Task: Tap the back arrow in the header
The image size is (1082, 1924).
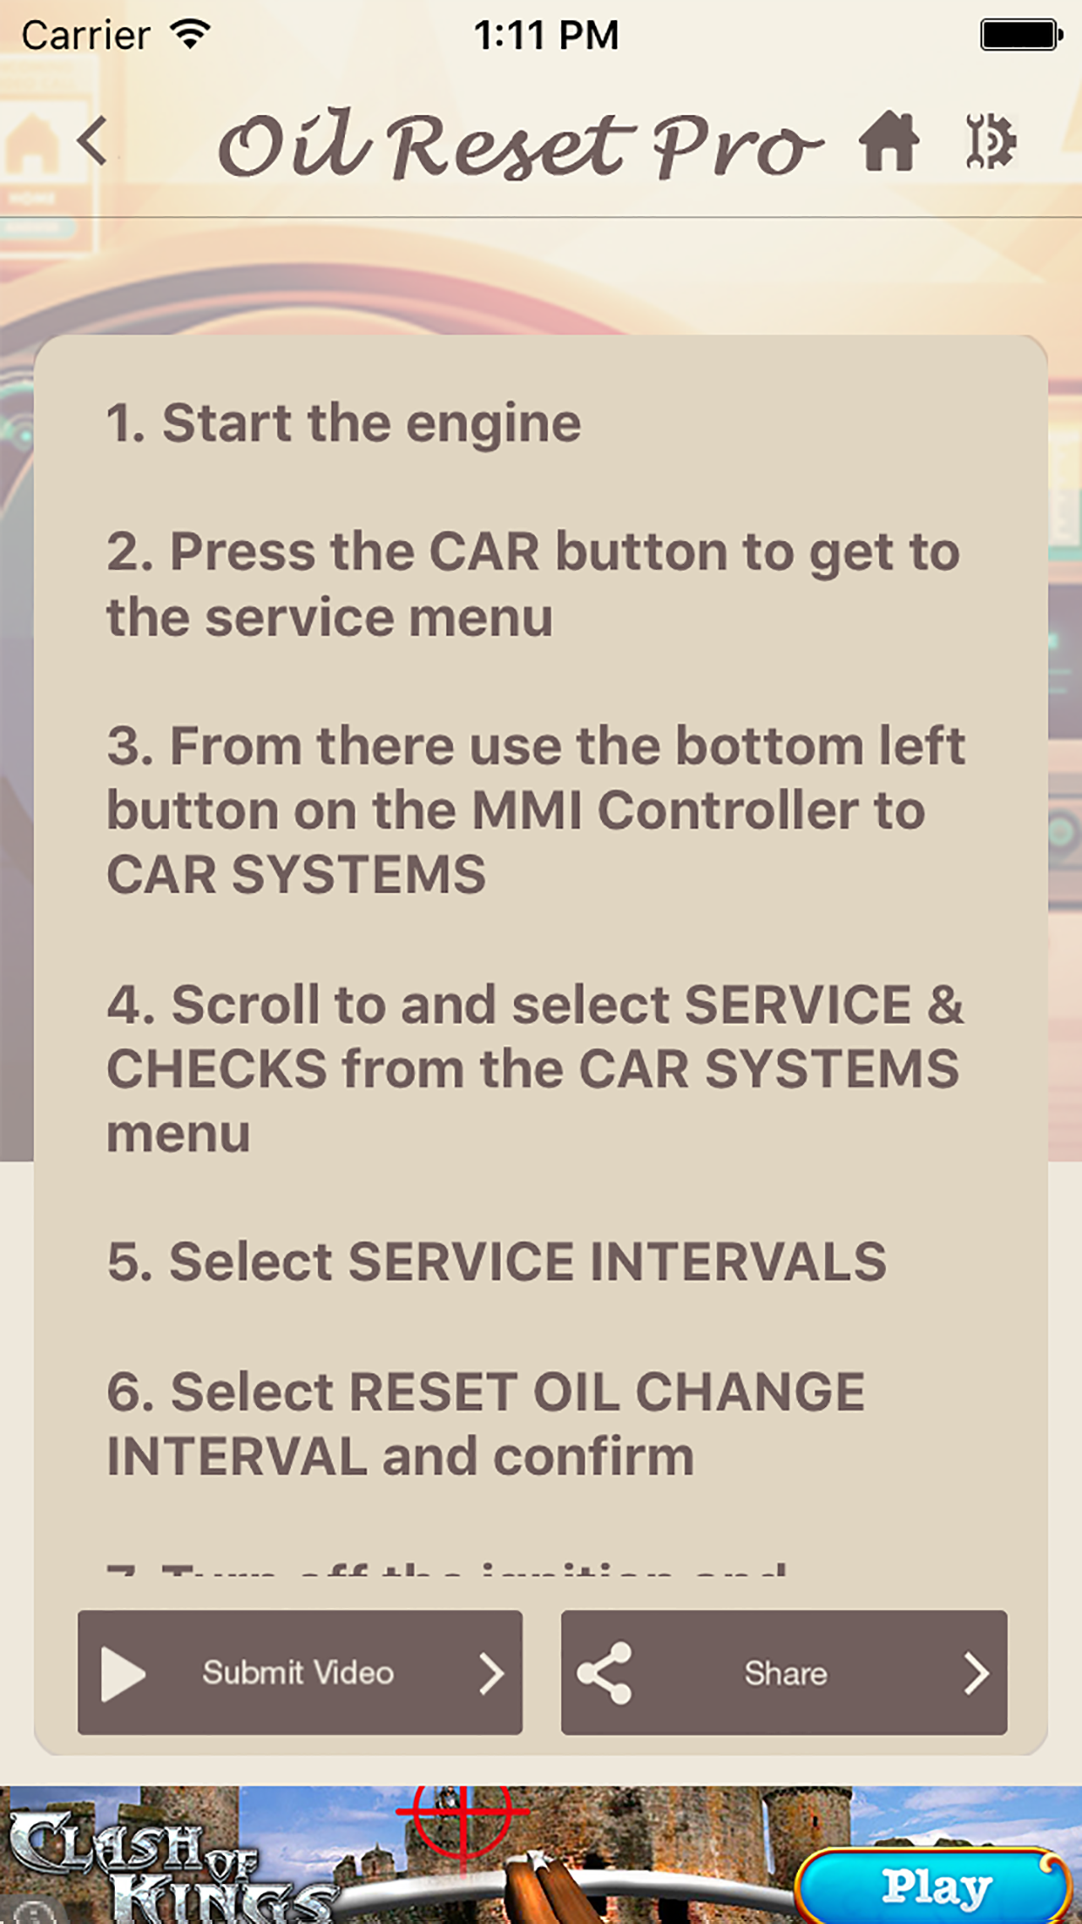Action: pyautogui.click(x=92, y=141)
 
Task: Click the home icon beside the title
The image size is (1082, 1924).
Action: pyautogui.click(x=889, y=141)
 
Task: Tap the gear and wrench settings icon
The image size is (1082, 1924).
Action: pyautogui.click(x=991, y=141)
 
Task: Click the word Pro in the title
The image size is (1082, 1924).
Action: pyautogui.click(x=736, y=146)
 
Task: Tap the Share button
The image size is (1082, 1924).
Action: pyautogui.click(x=784, y=1672)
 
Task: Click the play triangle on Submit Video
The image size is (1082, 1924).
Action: pyautogui.click(x=123, y=1673)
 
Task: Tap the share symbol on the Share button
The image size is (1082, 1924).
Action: pyautogui.click(x=605, y=1673)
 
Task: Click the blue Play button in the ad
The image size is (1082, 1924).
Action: pyautogui.click(x=934, y=1887)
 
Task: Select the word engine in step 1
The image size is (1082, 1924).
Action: pyautogui.click(x=493, y=424)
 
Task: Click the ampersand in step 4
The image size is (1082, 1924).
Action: pyautogui.click(x=945, y=1005)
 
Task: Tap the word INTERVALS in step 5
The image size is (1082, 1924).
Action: pyautogui.click(x=738, y=1262)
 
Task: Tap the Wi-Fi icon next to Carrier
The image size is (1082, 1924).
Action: pyautogui.click(x=191, y=35)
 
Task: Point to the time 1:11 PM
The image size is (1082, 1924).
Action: pyautogui.click(x=546, y=36)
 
